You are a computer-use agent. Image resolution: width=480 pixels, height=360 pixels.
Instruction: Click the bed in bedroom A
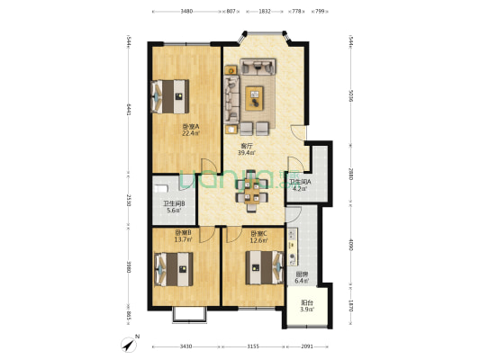click(x=169, y=94)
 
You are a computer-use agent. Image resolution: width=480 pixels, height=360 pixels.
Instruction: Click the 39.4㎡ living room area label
click(x=245, y=153)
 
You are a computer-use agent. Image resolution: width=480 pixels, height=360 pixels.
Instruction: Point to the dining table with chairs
click(x=253, y=190)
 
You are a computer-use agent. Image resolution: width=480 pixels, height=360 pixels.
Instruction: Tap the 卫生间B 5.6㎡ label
click(x=173, y=208)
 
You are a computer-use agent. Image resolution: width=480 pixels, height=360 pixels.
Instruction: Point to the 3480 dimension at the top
click(x=186, y=12)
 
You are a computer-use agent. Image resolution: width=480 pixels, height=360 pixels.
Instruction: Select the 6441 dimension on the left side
click(x=129, y=109)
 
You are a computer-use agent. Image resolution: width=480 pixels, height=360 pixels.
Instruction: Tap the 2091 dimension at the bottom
click(x=308, y=347)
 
